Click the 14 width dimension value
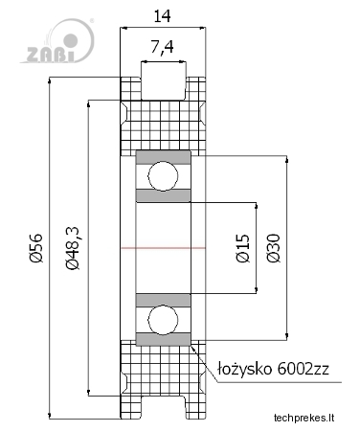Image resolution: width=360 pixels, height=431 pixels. coord(162,16)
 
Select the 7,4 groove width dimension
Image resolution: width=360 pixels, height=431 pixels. coord(162,47)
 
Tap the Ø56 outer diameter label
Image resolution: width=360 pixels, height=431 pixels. coord(36,248)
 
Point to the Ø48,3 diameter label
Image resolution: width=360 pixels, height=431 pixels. coord(72,248)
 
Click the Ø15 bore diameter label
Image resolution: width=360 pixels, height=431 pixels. coord(243,248)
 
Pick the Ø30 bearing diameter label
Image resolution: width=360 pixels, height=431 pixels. coord(274,248)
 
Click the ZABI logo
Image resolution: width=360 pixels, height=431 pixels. coord(57,41)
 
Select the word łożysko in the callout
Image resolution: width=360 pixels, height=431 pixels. coord(244,370)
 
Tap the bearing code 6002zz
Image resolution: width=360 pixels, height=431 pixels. coord(303,369)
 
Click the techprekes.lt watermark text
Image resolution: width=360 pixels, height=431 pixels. coord(304,418)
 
